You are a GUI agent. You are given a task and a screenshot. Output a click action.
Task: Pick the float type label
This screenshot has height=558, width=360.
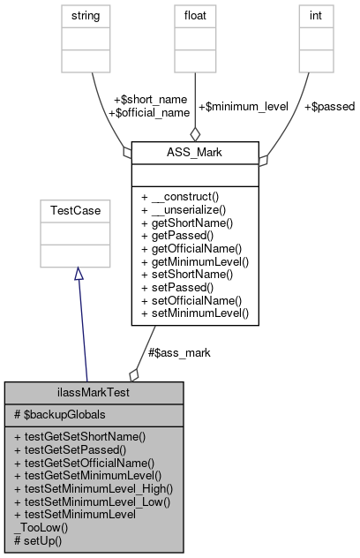(x=194, y=15)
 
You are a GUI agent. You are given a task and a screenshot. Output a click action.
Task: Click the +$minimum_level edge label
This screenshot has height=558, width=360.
(x=243, y=107)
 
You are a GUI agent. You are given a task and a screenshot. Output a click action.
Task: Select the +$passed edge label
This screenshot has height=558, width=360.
(x=328, y=107)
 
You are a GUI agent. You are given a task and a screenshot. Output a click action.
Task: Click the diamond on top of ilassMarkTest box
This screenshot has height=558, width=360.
(x=134, y=374)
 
